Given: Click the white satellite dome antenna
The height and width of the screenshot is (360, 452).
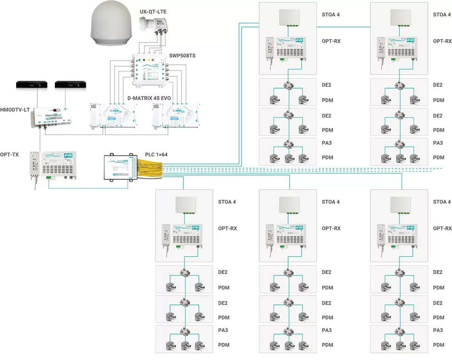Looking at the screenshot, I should pos(110,27).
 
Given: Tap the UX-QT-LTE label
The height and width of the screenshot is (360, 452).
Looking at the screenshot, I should pos(153,12).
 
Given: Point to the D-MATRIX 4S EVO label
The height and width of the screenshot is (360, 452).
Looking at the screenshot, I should pos(147,98).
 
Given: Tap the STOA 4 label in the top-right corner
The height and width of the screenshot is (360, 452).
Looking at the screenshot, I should pos(442,15).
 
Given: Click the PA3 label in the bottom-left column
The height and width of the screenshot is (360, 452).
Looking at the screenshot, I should pos(223,330).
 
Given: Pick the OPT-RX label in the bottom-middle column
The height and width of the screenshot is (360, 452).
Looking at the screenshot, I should pos(331,228).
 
